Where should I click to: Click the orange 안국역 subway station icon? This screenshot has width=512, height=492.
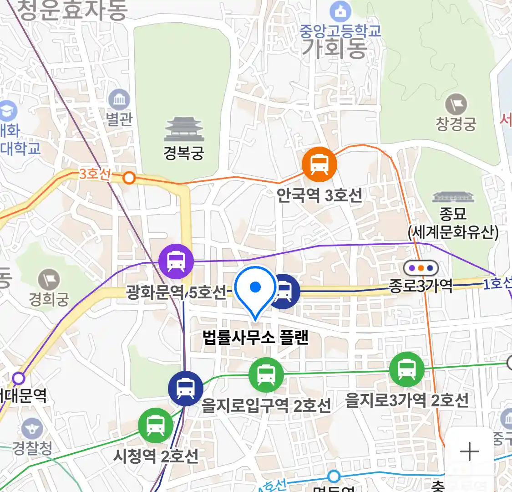pos(319,165)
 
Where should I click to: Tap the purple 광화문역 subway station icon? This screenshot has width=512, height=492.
pos(176,261)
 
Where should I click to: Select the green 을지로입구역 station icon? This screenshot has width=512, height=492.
pos(266,375)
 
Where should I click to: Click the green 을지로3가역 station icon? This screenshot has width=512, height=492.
pos(406,369)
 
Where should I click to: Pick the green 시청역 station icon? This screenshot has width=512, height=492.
pos(156,425)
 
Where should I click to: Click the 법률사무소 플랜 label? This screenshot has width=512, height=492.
pos(256,338)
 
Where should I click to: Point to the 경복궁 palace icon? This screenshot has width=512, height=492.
pos(184,129)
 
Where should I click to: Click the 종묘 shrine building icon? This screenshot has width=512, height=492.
pos(453,197)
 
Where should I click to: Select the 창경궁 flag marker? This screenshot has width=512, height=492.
pos(456,105)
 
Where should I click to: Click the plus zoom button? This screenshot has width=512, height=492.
pos(469,452)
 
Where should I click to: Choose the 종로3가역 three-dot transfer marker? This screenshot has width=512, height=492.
pos(421,268)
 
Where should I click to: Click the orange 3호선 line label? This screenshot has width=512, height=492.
pos(95,174)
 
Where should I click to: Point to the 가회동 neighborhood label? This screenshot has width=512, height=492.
pos(335,48)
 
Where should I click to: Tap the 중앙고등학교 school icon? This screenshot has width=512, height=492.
pos(340,11)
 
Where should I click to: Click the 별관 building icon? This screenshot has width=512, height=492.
pos(119,100)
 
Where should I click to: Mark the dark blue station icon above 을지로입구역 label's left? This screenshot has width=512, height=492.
pos(185,389)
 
